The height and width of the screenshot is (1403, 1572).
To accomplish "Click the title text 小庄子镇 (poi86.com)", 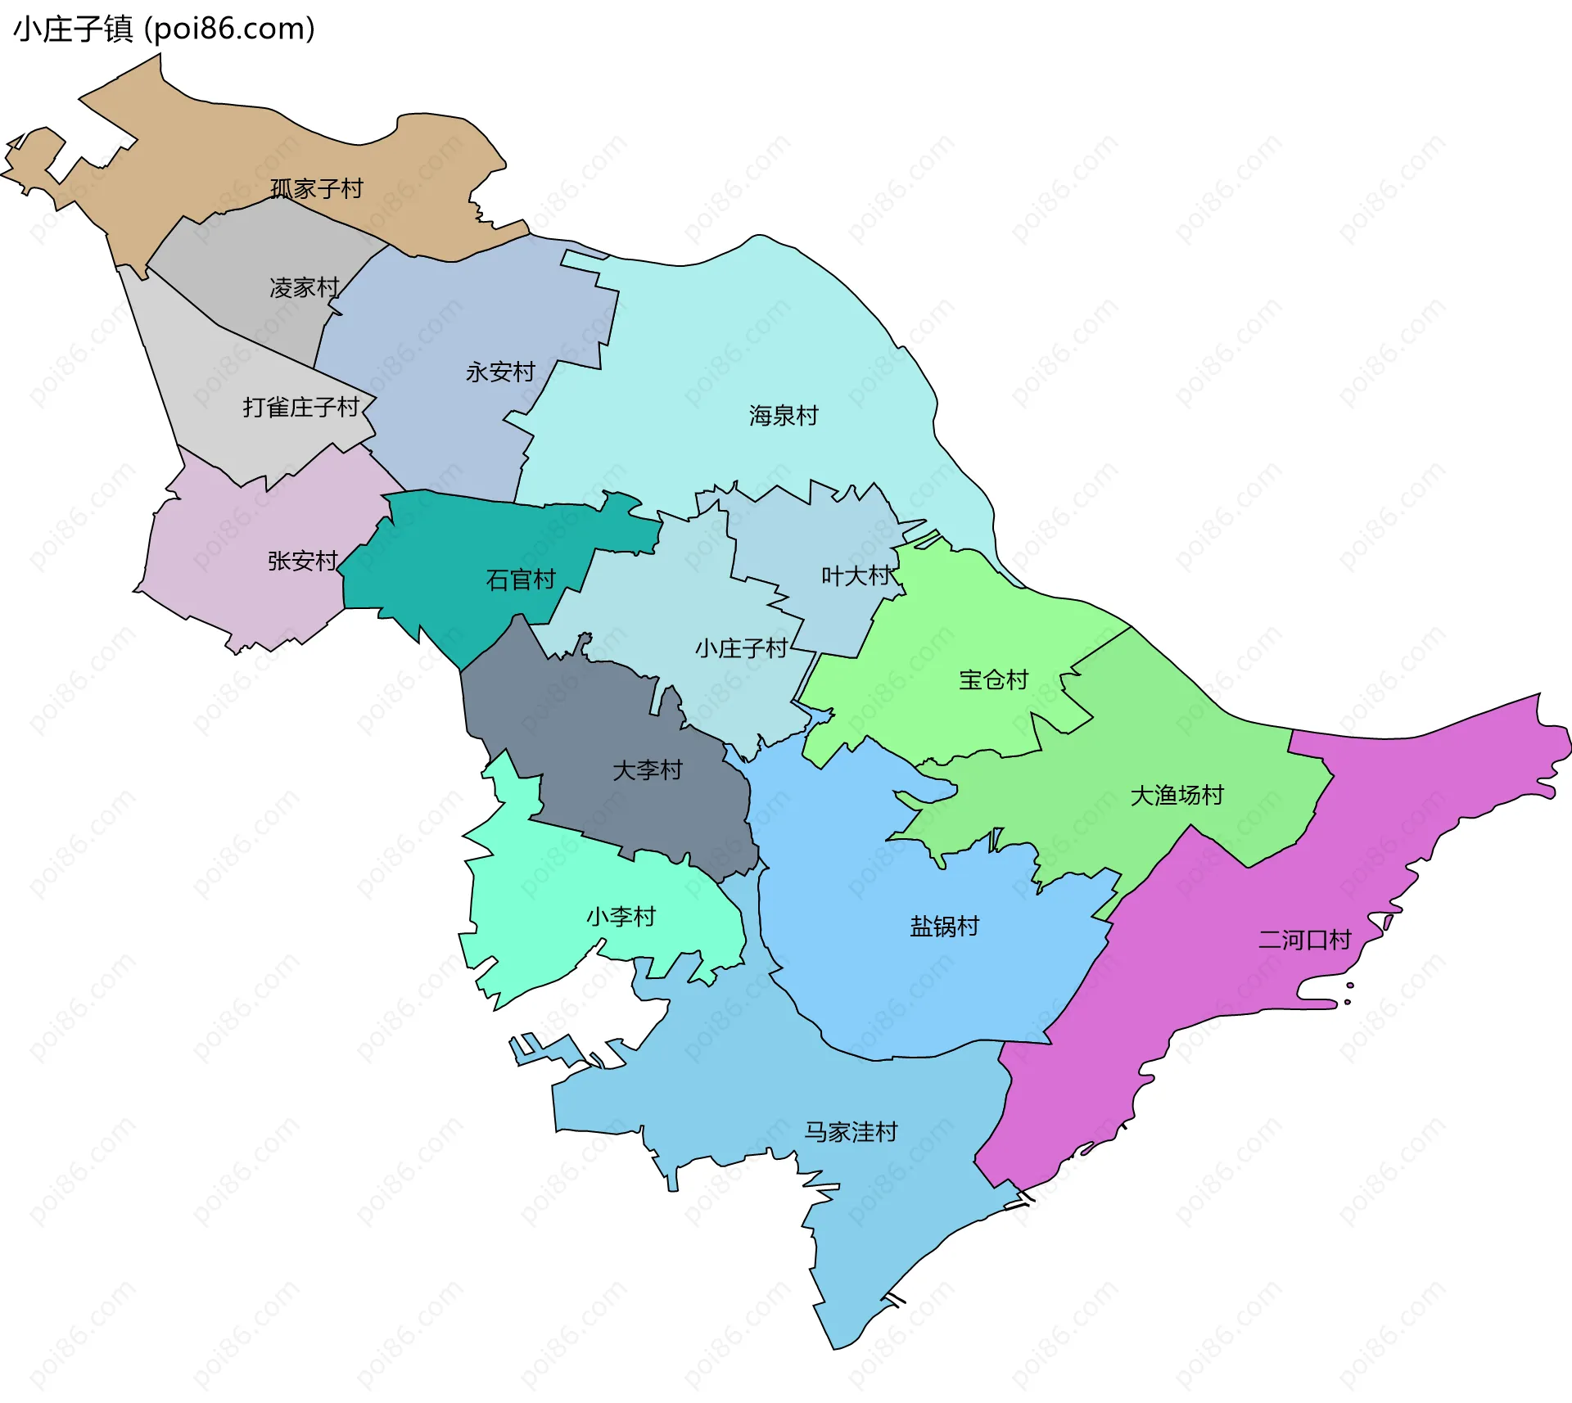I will [x=164, y=29].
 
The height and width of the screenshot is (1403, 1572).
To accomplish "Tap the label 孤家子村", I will [x=317, y=189].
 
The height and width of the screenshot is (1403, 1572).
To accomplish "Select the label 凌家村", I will [x=304, y=288].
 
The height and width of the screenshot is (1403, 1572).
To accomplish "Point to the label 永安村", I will [x=500, y=372].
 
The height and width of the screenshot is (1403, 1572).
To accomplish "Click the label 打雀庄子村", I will [x=301, y=407].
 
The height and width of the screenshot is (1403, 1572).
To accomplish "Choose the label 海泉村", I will [x=784, y=416].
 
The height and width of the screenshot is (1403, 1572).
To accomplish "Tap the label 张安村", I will [x=303, y=561].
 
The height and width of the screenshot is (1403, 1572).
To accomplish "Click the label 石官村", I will [x=521, y=580].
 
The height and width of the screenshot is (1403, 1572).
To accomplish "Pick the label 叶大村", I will [x=856, y=576].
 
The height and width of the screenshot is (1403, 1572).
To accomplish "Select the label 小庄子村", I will [x=742, y=649].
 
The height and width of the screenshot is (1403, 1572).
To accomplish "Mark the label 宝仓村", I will [x=993, y=680].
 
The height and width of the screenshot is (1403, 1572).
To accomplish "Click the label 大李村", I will [x=647, y=770].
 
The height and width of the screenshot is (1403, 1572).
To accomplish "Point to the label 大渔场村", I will [x=1177, y=796].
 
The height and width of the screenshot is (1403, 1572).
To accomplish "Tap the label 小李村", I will [x=621, y=917].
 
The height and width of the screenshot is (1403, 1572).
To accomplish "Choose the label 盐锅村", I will [x=945, y=927].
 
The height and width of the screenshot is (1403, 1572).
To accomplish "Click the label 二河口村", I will [x=1304, y=940].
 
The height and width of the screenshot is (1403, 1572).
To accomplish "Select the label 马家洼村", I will [x=851, y=1132].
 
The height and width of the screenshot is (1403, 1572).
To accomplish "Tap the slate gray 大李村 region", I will [x=573, y=720].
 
